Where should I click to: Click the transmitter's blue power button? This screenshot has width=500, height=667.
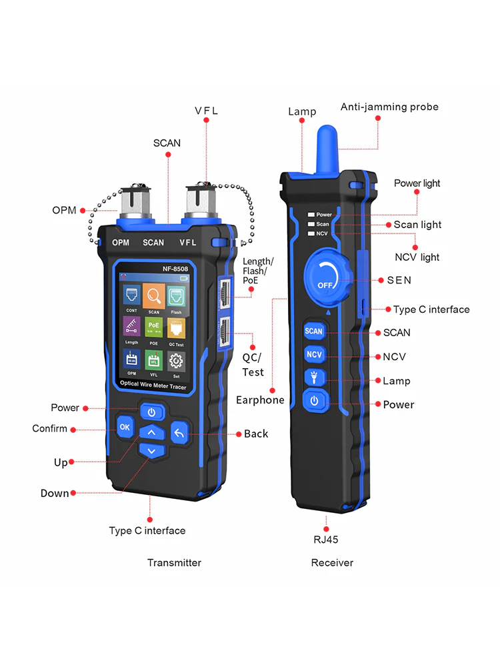tap(152, 412)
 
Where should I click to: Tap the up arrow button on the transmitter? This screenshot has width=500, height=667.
tap(152, 433)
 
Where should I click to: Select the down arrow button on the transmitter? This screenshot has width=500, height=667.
tap(152, 451)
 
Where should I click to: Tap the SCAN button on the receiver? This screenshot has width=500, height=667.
tap(313, 331)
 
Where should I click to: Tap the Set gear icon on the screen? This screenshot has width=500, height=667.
tap(176, 362)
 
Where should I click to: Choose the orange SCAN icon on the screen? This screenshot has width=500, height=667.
tap(154, 295)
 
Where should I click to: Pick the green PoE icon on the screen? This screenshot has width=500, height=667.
tap(154, 327)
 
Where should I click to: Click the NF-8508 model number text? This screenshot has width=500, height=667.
tap(175, 269)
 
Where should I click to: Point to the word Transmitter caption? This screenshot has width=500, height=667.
tap(174, 562)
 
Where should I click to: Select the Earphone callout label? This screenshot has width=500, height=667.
tap(260, 400)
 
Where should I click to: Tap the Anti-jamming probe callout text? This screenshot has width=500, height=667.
tap(389, 107)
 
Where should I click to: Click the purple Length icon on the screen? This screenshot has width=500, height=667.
tap(131, 327)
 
